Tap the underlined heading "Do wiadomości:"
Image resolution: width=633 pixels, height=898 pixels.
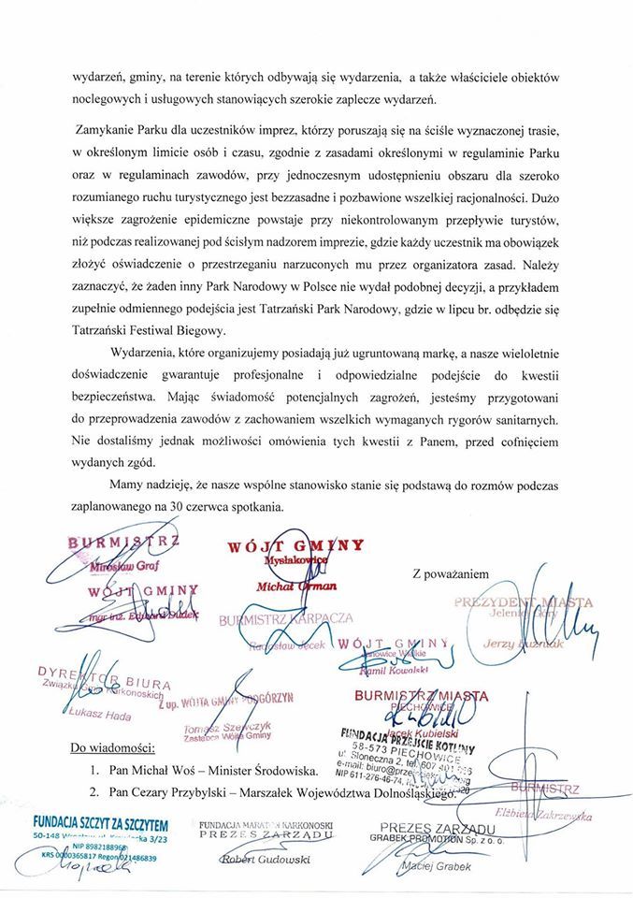pos(117,749)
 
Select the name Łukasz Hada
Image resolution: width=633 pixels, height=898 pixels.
pos(102,714)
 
